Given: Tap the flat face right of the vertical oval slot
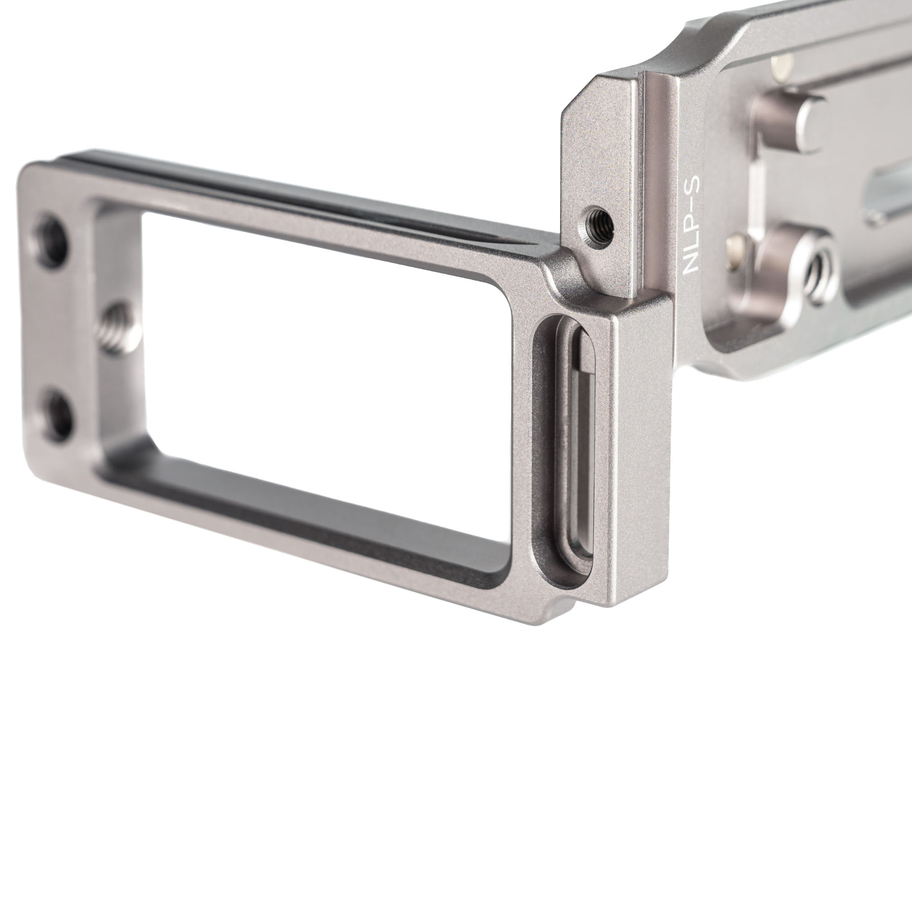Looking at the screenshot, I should pyautogui.click(x=640, y=443).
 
